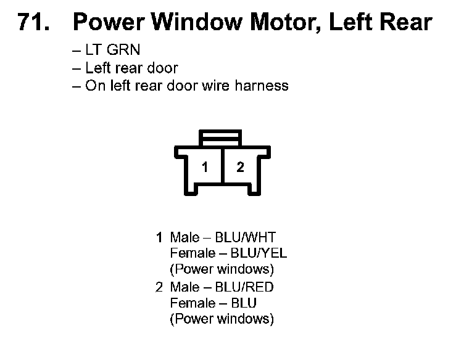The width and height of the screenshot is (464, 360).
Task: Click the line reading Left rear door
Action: point(131,68)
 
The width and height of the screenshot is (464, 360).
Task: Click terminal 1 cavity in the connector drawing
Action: point(204,168)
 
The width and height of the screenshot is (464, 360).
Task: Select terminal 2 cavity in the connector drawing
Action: point(241,168)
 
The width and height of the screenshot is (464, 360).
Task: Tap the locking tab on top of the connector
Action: point(223,137)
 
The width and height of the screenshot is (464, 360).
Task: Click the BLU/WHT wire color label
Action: point(245,237)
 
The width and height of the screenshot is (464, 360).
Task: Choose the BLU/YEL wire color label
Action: point(259,253)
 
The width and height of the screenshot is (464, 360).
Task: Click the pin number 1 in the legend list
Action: point(159,237)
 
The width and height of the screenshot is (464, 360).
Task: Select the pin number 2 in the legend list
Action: point(159,287)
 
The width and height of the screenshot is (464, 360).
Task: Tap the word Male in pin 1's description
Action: point(184,237)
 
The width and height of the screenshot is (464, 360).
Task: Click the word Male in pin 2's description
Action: point(184,287)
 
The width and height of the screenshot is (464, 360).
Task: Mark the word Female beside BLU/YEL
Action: point(191,253)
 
